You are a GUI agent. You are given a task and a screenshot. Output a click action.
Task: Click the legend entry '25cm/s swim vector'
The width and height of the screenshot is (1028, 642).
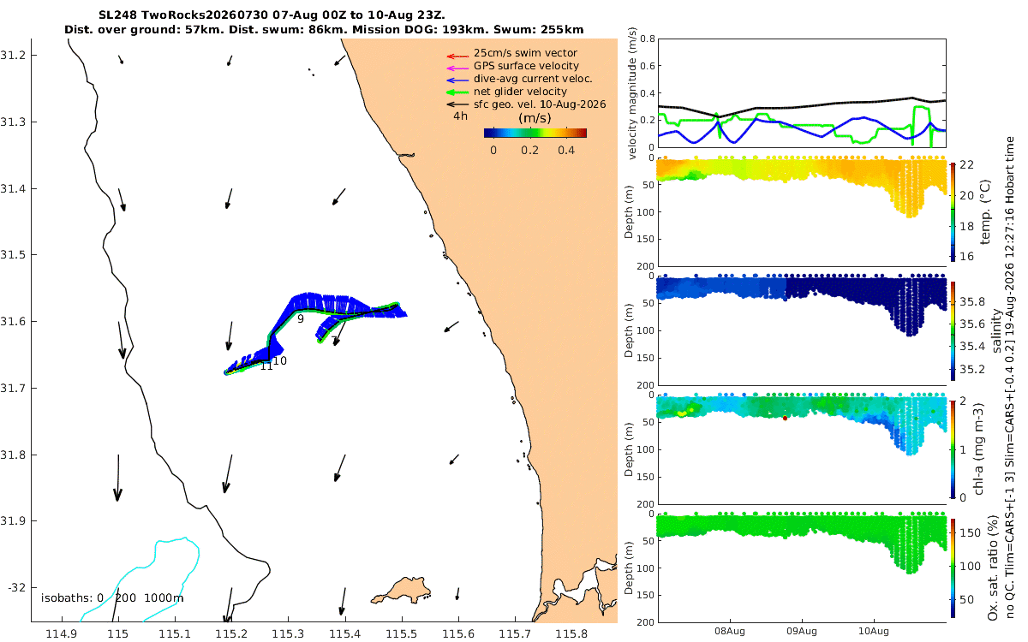point(525,53)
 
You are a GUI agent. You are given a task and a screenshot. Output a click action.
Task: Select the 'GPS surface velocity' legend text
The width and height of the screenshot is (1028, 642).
point(526,66)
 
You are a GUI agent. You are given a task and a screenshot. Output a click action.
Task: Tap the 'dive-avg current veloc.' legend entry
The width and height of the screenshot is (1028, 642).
point(533,79)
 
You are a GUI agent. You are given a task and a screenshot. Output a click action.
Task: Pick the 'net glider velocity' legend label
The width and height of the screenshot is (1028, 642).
point(520,92)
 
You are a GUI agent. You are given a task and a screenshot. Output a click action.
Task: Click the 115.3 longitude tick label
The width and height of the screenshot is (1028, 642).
point(288,634)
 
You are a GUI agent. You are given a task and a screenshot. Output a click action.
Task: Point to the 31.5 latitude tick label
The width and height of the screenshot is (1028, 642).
point(12,254)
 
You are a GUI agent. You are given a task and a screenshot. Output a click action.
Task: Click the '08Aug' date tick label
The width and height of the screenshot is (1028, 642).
point(729,631)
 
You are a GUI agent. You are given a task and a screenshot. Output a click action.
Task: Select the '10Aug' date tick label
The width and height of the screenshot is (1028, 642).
point(873,631)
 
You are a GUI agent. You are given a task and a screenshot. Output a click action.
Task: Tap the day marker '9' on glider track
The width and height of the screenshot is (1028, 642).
point(301,318)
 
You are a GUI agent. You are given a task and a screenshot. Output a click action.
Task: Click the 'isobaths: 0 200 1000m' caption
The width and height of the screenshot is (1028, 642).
point(112,598)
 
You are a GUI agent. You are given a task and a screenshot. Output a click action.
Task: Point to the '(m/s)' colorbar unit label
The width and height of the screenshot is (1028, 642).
point(535,118)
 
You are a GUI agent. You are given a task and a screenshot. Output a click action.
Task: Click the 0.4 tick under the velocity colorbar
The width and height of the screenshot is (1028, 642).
point(566,151)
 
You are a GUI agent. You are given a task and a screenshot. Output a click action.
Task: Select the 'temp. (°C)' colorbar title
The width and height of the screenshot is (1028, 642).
point(985,212)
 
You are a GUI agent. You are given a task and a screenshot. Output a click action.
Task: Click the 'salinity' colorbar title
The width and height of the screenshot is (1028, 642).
point(996,330)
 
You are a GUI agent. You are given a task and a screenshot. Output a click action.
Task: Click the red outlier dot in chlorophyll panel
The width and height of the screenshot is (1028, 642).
point(785,419)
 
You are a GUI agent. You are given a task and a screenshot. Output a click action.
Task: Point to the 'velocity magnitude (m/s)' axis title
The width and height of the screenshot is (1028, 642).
point(632,93)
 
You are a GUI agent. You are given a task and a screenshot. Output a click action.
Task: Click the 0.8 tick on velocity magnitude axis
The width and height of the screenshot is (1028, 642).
point(647,39)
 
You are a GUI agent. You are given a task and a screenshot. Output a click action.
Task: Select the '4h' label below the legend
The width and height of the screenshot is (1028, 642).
point(460,116)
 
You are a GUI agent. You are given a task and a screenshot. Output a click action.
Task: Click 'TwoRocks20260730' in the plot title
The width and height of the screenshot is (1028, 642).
point(204,15)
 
